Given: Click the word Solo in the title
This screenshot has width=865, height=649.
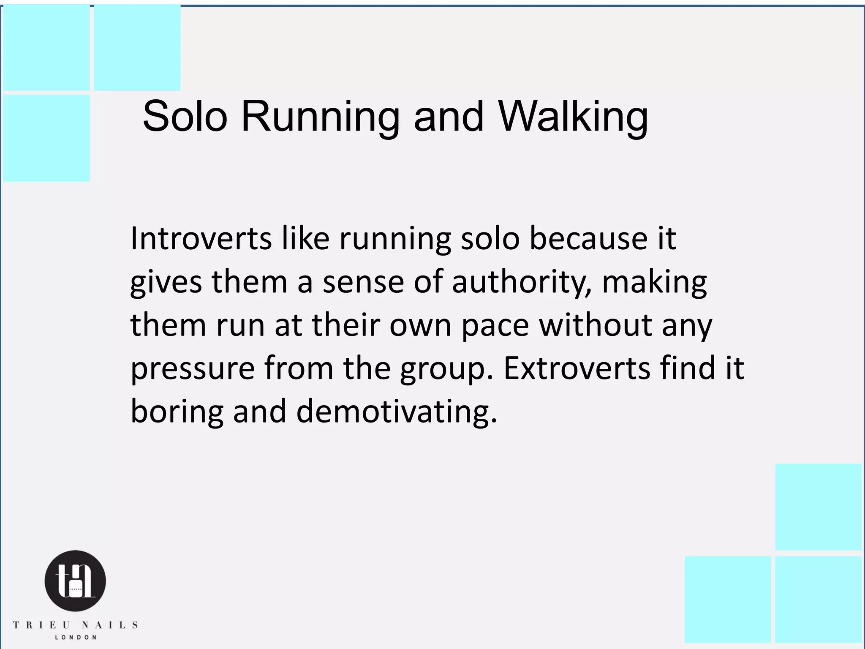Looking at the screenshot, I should click(x=185, y=116).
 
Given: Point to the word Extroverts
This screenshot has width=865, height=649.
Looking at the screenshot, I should click(x=577, y=368).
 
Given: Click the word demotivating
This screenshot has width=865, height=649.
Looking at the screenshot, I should click(x=397, y=412).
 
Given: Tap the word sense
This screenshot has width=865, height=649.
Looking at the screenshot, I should click(x=363, y=282).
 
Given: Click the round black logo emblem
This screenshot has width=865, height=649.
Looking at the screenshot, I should click(x=75, y=581).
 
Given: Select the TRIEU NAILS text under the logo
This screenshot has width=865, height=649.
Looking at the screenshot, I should click(x=75, y=625).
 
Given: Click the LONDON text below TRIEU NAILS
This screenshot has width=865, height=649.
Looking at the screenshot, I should click(x=76, y=638).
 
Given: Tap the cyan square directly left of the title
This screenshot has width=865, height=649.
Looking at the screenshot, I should click(x=46, y=138).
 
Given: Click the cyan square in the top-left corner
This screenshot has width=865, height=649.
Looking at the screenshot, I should click(x=46, y=47).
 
